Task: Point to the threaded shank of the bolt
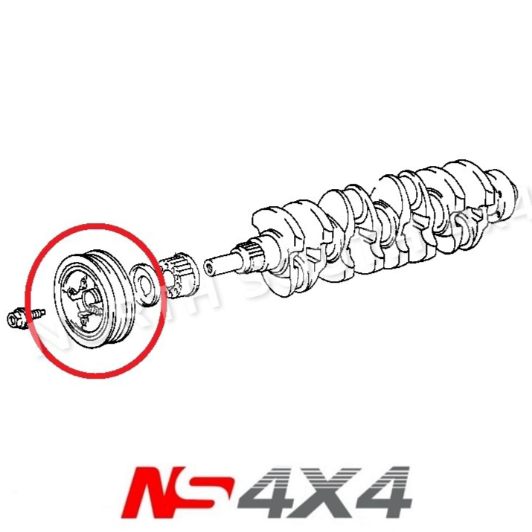[33, 315]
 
